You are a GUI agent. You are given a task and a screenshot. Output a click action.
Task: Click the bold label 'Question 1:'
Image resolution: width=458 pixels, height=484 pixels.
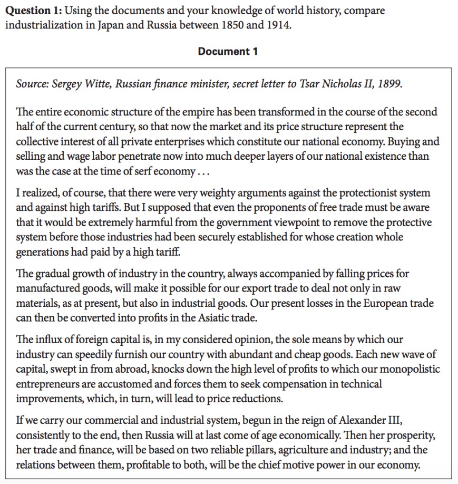[x=30, y=11]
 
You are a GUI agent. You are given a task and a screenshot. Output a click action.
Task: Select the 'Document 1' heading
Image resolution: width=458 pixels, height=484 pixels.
[x=228, y=51]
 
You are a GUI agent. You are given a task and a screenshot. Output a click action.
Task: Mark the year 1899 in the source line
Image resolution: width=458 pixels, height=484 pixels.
[x=391, y=84]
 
